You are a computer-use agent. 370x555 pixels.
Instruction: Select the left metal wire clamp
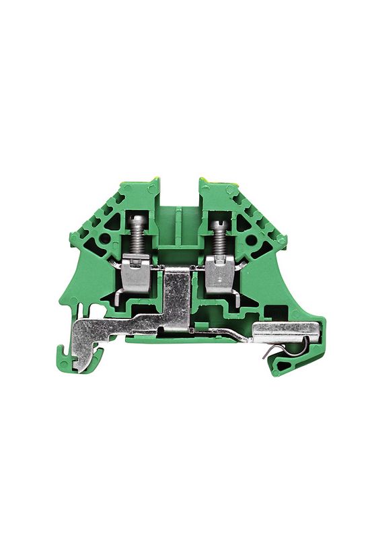click(137, 274)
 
